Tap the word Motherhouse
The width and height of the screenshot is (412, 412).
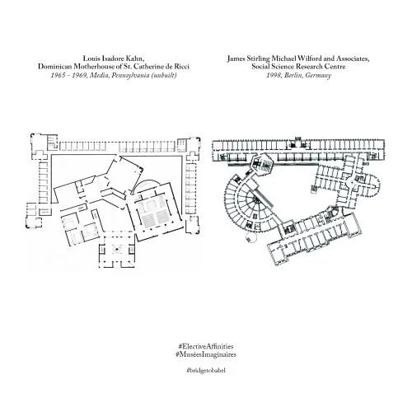pos(94,67)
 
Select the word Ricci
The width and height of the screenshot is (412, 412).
pos(180,67)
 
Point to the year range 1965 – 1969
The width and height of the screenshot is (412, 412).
pos(68,75)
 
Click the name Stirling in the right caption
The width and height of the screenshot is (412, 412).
pos(258,59)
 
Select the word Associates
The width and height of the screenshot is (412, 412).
pos(353,59)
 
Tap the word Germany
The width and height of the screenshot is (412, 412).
pos(318,75)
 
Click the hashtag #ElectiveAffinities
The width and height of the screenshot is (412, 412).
pos(206,346)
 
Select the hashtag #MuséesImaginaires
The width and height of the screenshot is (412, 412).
pos(206,354)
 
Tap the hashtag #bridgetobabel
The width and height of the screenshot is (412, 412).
pos(206,370)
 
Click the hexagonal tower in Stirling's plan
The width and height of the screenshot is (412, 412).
pos(262,164)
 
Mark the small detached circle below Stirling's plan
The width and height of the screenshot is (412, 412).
pos(251,236)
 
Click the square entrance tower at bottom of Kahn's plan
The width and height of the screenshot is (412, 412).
pos(117,250)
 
